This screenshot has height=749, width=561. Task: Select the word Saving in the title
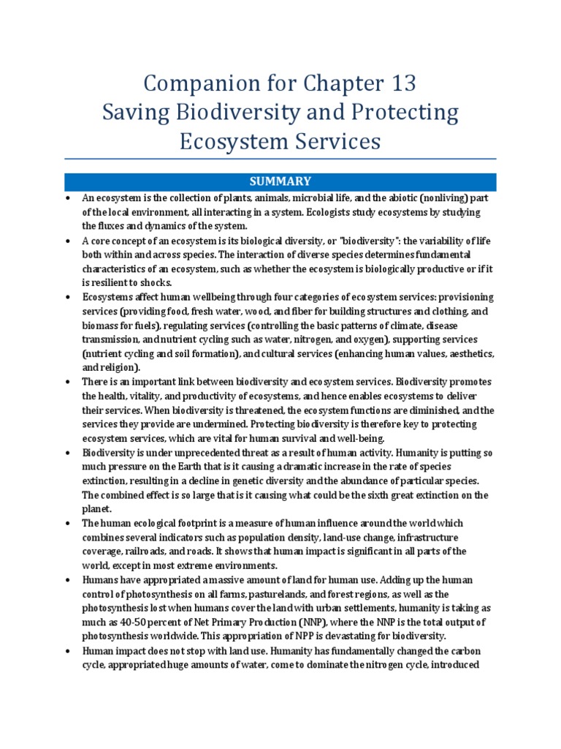click(134, 113)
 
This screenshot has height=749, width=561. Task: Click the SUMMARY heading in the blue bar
click(280, 181)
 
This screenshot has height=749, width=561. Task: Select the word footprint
click(196, 524)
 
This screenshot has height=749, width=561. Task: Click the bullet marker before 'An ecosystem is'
click(67, 198)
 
